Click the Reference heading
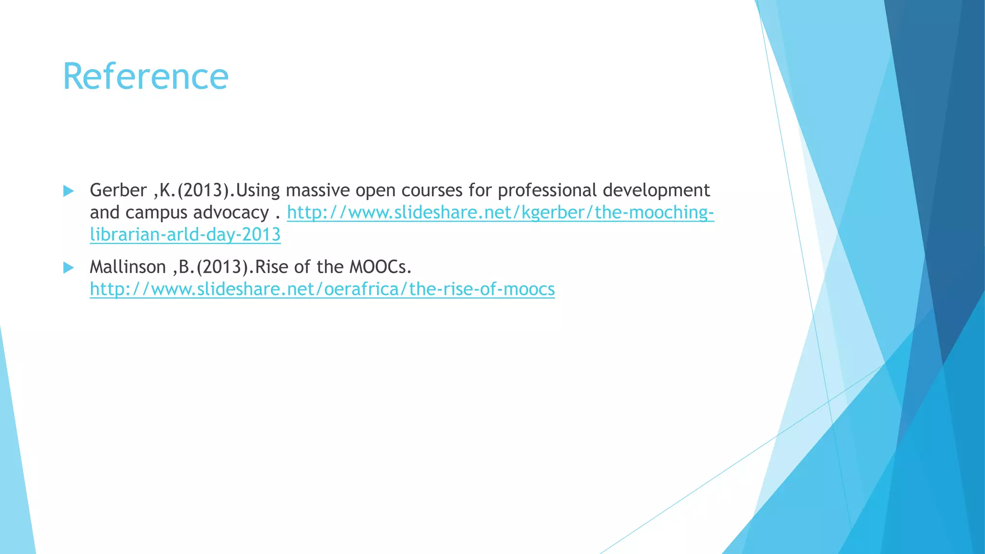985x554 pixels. click(x=145, y=77)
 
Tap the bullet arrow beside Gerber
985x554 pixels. click(x=68, y=191)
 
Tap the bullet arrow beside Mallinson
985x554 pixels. click(x=68, y=268)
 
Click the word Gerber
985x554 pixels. click(x=118, y=190)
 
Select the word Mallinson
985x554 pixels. click(x=127, y=267)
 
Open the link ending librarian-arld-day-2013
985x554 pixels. click(x=185, y=235)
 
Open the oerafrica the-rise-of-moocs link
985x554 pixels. click(x=322, y=289)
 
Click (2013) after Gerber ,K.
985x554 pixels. click(x=202, y=190)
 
